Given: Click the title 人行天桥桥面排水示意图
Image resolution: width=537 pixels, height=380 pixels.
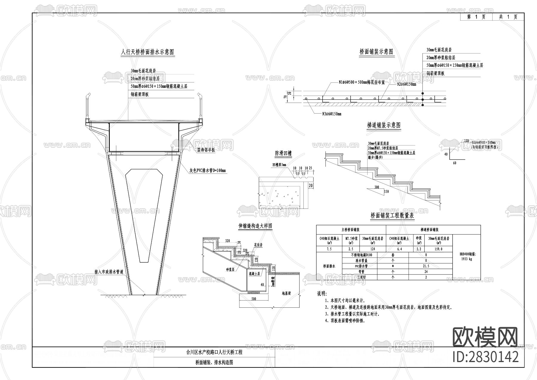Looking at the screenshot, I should click(147, 52).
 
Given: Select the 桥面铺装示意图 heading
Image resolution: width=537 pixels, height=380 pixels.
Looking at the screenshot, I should click(376, 52).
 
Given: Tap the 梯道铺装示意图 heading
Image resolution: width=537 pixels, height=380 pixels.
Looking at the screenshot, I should click(384, 125).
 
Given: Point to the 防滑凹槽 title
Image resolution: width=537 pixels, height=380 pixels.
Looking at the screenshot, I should click(283, 154).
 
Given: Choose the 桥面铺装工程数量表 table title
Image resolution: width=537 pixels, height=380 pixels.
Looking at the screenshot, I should click(392, 215).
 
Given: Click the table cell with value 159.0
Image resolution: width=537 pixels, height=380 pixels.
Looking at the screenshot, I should click(439, 249).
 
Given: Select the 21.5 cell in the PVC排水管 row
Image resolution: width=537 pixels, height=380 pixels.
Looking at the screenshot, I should click(426, 266).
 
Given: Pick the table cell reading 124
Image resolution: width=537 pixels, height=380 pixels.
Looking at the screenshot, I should click(373, 249).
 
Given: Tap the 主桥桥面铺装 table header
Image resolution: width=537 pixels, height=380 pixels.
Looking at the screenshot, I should click(351, 230).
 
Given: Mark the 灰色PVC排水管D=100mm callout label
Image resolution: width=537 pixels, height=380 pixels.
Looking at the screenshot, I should click(208, 171).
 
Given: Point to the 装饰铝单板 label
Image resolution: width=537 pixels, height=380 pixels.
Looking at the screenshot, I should click(206, 150).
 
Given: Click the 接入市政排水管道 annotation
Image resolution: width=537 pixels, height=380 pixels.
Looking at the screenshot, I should click(109, 272).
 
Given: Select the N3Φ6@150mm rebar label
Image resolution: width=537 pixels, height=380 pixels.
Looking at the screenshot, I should click(331, 114).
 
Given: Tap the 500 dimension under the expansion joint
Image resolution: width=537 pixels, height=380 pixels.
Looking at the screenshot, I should click(254, 298).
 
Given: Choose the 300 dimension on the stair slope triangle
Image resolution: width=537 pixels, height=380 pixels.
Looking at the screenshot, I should click(377, 187).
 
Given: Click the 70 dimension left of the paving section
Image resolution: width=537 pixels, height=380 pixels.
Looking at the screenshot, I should click(285, 97).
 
